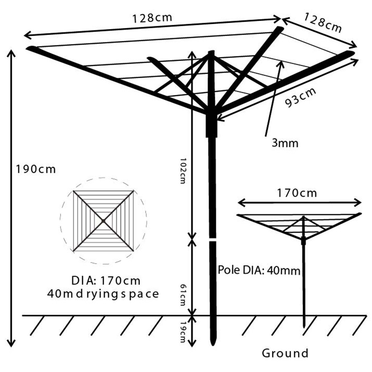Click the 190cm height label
click(x=35, y=169)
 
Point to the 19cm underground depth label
click(x=183, y=331)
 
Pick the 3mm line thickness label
click(x=285, y=143)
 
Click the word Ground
click(x=285, y=353)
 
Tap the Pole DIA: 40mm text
click(x=259, y=270)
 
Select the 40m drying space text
click(x=103, y=294)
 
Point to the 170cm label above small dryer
click(x=297, y=193)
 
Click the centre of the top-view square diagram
click(x=103, y=221)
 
